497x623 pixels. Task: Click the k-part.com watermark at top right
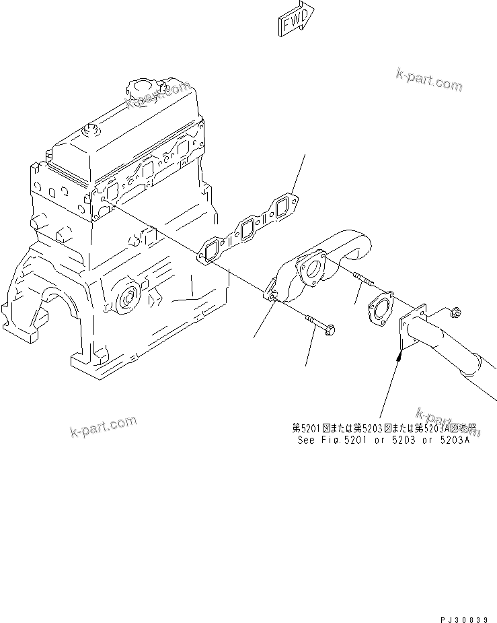pyautogui.click(x=429, y=79)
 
